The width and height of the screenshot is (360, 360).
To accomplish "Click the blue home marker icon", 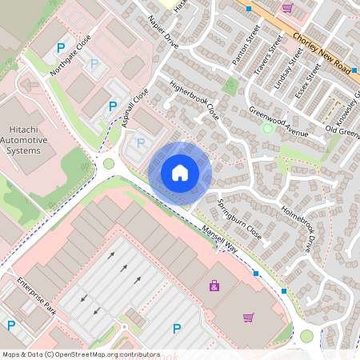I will (x=180, y=173).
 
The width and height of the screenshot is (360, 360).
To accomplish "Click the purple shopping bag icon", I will (x=214, y=285).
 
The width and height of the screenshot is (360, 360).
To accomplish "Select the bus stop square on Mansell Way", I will (x=256, y=274).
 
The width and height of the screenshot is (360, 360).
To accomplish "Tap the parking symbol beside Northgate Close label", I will (x=60, y=49).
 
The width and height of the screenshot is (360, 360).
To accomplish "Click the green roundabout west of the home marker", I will (x=109, y=164).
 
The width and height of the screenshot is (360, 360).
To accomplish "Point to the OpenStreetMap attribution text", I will (x=80, y=354).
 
